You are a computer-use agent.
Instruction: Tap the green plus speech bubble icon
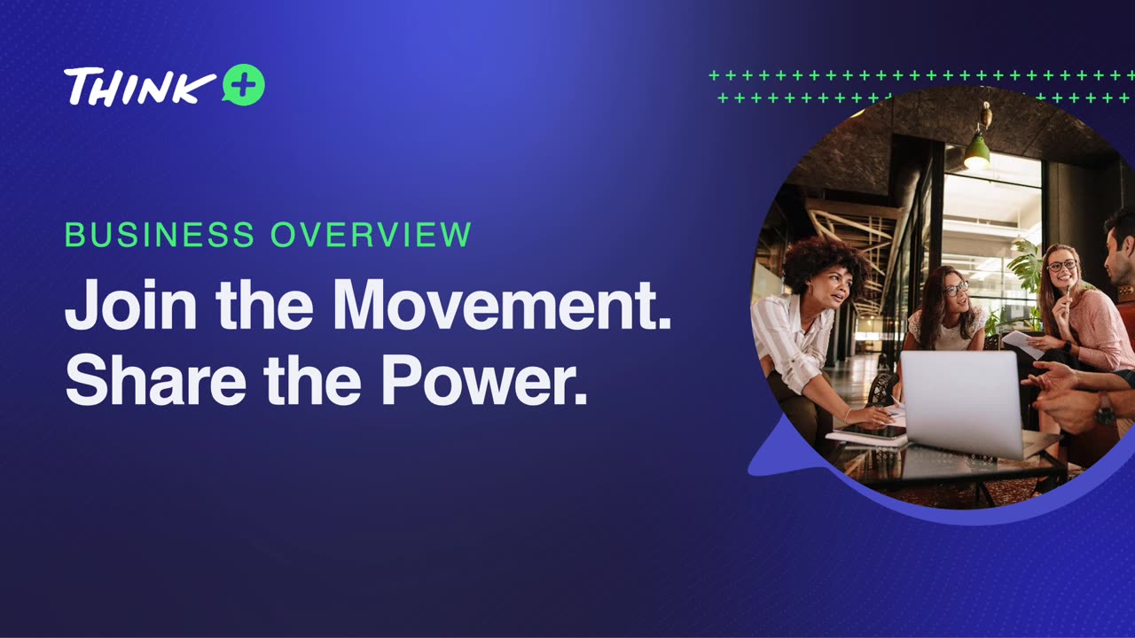[x=243, y=86]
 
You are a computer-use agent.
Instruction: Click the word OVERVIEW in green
[x=371, y=235]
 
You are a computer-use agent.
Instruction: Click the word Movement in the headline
[x=502, y=307]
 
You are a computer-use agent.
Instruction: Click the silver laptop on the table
[x=962, y=403]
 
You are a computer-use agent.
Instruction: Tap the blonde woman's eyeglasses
[x=1061, y=265]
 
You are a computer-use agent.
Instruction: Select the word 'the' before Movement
[x=264, y=307]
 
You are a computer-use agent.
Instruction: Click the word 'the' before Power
[x=312, y=379]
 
